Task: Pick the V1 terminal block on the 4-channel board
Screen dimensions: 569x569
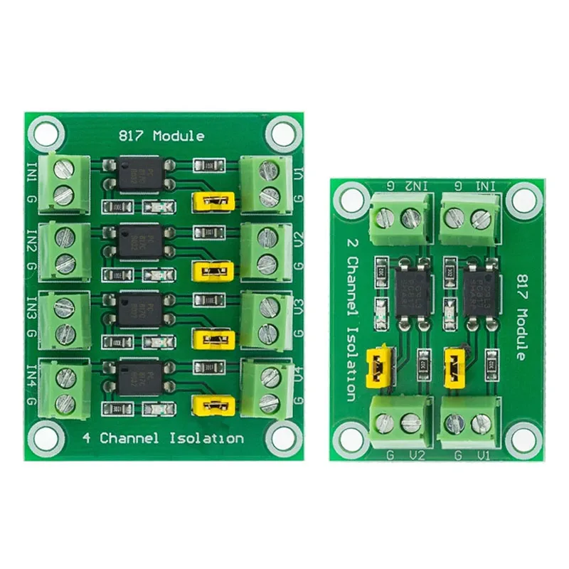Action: [267, 181]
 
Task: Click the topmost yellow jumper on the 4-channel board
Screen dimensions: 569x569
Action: [213, 203]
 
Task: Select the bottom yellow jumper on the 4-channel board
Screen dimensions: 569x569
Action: [213, 405]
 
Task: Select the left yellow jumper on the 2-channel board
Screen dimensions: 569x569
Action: [376, 366]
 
